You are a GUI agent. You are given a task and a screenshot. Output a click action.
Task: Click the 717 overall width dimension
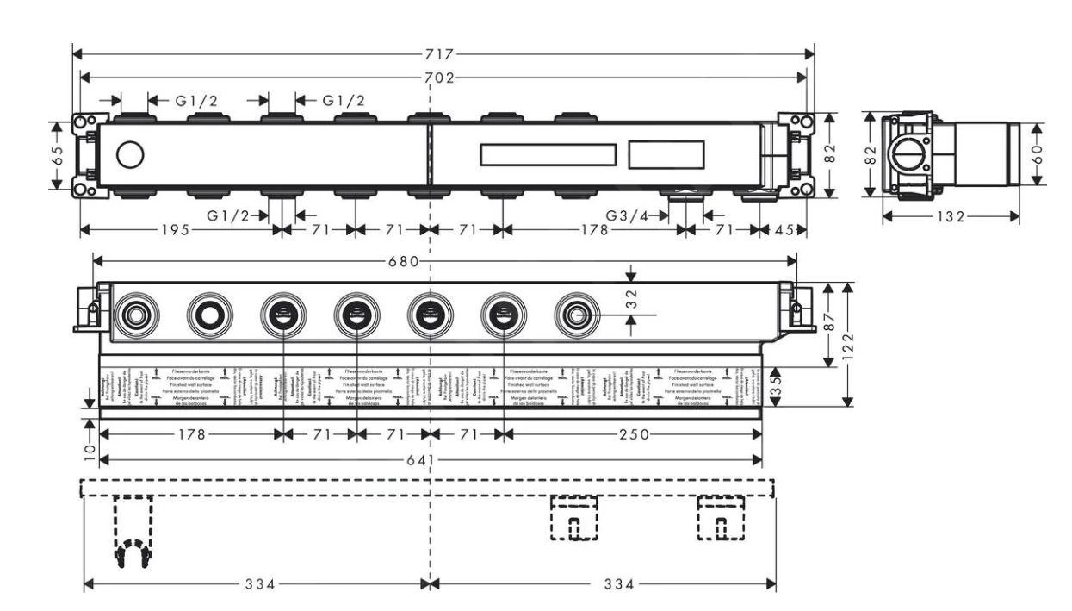pos(443,54)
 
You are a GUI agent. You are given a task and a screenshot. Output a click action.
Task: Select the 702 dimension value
pos(443,78)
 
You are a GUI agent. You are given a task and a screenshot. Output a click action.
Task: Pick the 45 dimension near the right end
pos(784,230)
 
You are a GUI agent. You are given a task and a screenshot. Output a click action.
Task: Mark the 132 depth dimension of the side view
pos(951,216)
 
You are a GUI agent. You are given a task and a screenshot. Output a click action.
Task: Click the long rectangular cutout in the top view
pos(548,155)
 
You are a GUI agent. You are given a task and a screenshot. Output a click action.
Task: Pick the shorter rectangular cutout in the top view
pos(665,155)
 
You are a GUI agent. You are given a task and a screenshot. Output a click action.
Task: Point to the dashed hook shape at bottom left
pos(132,534)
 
